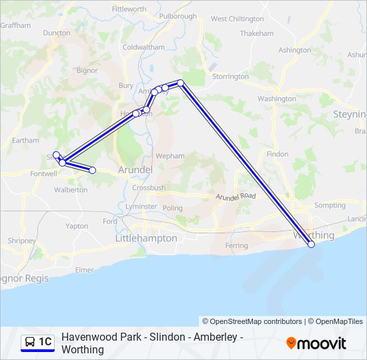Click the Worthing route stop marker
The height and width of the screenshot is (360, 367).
[x=311, y=245]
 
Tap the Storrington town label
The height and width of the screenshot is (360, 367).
[x=230, y=77]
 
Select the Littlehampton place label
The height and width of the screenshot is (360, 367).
[x=146, y=238]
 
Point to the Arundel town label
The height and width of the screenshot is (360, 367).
[x=135, y=170]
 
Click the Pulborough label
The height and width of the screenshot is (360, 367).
[x=177, y=16]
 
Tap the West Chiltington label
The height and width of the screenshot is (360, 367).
[x=237, y=19]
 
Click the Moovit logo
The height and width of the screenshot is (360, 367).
[x=316, y=343]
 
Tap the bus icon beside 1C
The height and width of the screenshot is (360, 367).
[x=30, y=343]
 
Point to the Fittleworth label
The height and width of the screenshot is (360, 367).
[x=129, y=9]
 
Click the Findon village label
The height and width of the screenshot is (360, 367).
[x=278, y=154]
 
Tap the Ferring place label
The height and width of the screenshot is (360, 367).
[x=237, y=246]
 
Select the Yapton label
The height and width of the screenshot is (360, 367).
[x=77, y=226]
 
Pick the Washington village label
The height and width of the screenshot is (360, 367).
[x=276, y=99]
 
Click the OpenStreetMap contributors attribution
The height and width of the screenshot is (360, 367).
[x=252, y=321]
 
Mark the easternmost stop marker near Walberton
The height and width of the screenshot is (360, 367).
[x=92, y=171]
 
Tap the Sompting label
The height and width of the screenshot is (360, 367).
[x=330, y=206]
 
